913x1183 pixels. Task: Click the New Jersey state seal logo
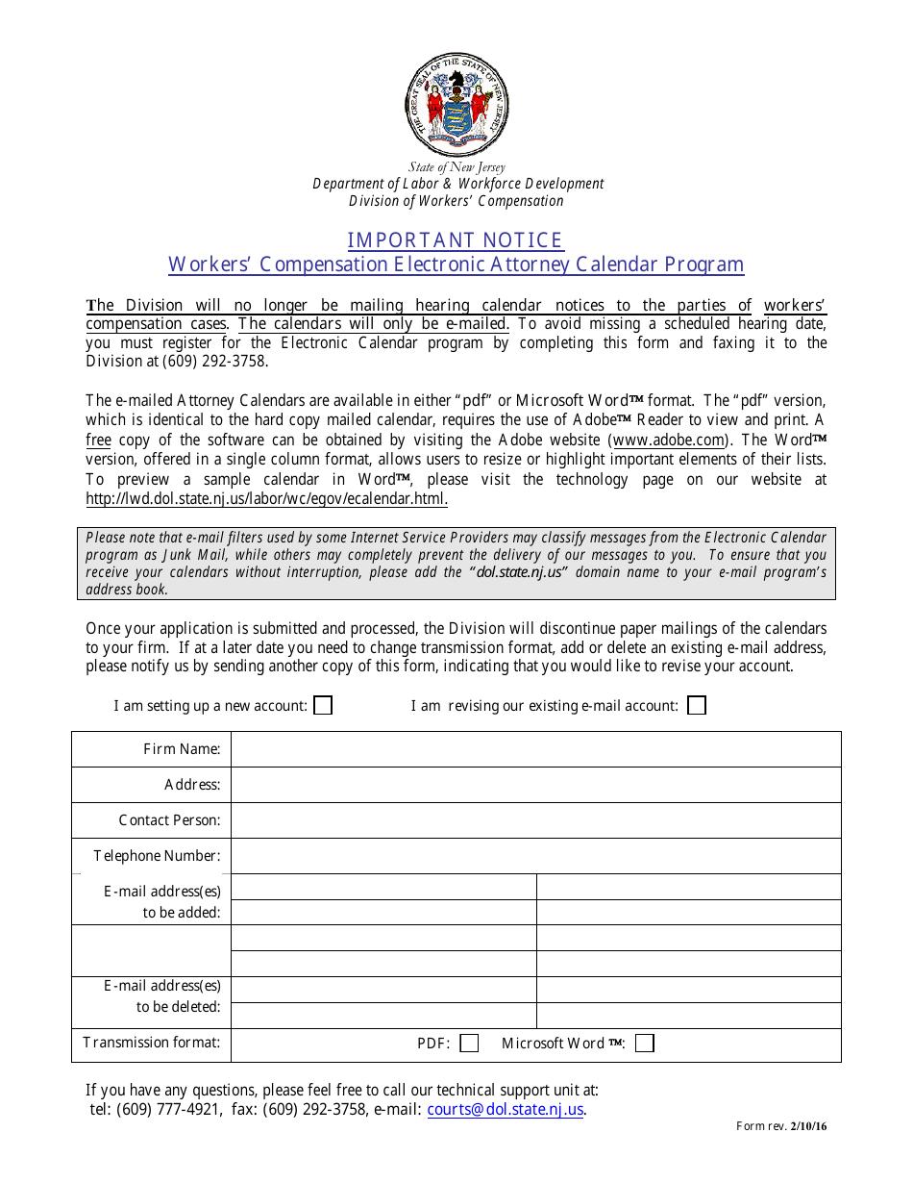click(456, 106)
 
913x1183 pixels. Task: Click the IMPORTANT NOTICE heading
click(456, 240)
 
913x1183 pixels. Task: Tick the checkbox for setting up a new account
click(324, 706)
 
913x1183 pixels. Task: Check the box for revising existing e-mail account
click(697, 706)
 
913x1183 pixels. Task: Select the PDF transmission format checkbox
click(469, 1044)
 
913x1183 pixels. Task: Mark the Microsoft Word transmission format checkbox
click(645, 1044)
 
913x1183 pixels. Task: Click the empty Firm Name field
click(535, 749)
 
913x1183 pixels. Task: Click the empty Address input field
click(535, 785)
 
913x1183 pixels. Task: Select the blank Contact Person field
click(535, 820)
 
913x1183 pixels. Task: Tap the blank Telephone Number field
click(535, 856)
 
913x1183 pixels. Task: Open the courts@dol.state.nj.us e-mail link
click(506, 1110)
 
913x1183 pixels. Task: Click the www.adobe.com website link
click(668, 440)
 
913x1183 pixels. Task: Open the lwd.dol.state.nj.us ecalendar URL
click(266, 499)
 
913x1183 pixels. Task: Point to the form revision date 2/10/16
click(808, 1127)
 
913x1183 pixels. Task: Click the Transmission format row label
click(151, 1043)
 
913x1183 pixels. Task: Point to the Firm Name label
click(182, 749)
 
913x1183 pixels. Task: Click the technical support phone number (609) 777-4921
click(168, 1110)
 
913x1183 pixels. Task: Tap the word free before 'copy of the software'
click(98, 440)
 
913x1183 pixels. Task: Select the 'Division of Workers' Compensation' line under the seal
click(456, 201)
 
